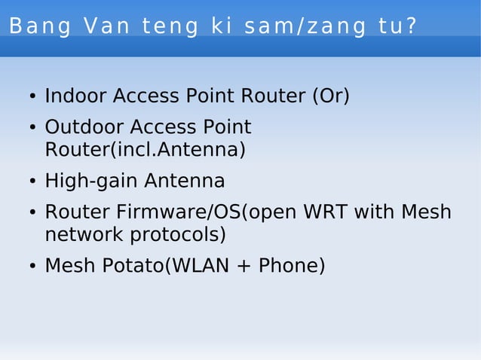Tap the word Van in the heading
[108, 26]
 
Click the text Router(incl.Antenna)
[145, 150]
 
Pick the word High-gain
[91, 182]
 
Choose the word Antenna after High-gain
[185, 182]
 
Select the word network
[84, 235]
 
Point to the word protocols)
[179, 235]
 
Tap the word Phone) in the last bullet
[292, 267]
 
